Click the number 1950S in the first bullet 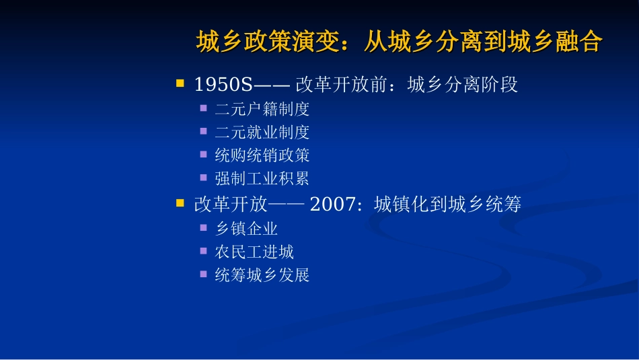(222, 85)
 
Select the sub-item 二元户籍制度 (262, 109)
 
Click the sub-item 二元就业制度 (262, 133)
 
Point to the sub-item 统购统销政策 (262, 155)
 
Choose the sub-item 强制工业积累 (262, 179)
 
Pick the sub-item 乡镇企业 (246, 229)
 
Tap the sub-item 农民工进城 (254, 252)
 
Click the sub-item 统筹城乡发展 (262, 275)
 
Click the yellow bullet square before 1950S (180, 83)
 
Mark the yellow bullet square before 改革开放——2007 (180, 203)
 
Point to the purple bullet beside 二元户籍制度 (203, 108)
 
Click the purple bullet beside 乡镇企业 (203, 227)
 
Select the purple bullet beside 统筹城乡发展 (203, 274)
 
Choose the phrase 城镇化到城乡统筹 (447, 205)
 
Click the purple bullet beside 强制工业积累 (203, 178)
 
